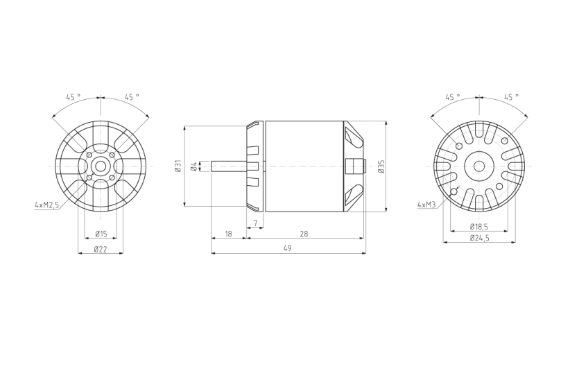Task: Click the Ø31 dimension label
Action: [x=178, y=166]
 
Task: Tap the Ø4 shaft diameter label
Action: [x=194, y=165]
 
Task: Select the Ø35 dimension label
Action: [x=381, y=166]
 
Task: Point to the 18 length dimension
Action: [x=228, y=234]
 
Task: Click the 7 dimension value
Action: [x=256, y=223]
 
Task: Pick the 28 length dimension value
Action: [x=304, y=234]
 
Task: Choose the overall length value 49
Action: [x=287, y=248]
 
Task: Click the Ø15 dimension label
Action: [x=101, y=233]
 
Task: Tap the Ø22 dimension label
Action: [x=101, y=249]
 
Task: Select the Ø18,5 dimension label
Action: [x=478, y=226]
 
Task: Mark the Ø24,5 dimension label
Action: [x=479, y=238]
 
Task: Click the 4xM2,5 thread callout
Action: [x=46, y=205]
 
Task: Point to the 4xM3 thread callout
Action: [x=426, y=205]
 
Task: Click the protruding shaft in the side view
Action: [x=229, y=166]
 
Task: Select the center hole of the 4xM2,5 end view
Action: [x=101, y=166]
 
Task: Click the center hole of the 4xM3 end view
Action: [x=478, y=166]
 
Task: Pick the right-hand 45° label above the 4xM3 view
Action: [x=511, y=97]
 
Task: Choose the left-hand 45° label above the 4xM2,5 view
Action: [x=73, y=97]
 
